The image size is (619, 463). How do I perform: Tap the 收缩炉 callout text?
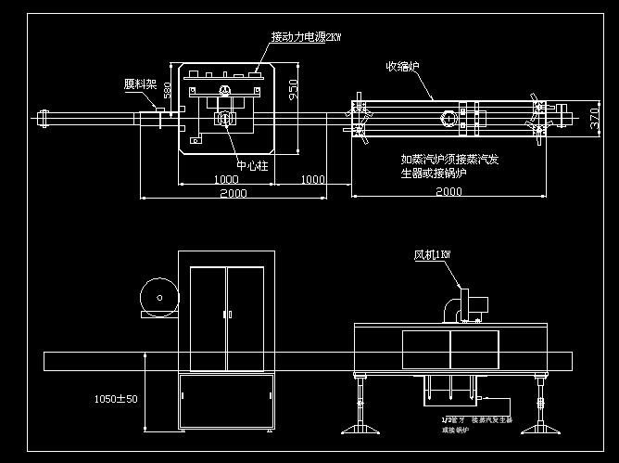pyautogui.click(x=404, y=66)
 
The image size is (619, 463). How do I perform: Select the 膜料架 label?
pyautogui.click(x=140, y=84)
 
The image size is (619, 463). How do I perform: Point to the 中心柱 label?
pyautogui.click(x=252, y=166)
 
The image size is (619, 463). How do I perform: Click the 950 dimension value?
pyautogui.click(x=293, y=89)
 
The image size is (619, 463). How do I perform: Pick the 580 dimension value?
pyautogui.click(x=168, y=91)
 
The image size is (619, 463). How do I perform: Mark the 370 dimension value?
pyautogui.click(x=594, y=119)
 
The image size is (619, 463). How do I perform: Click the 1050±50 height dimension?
pyautogui.click(x=117, y=399)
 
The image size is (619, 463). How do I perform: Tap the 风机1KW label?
pyautogui.click(x=432, y=253)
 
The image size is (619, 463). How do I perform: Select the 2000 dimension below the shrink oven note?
pyautogui.click(x=448, y=192)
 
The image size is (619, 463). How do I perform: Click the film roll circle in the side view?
pyautogui.click(x=157, y=298)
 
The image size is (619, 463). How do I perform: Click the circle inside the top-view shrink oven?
pyautogui.click(x=449, y=119)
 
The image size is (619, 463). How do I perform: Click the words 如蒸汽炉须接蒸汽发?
pyautogui.click(x=449, y=159)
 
